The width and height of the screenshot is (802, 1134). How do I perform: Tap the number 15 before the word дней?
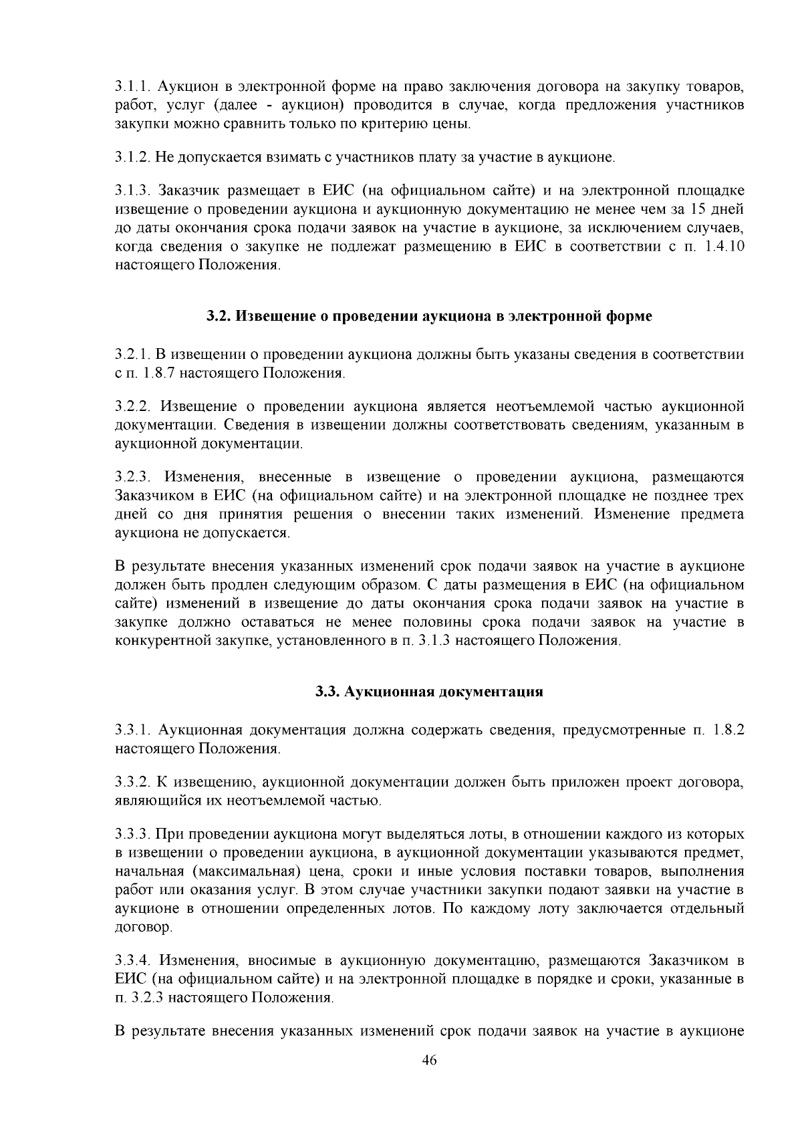(702, 210)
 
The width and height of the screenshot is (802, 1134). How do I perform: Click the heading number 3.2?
(218, 316)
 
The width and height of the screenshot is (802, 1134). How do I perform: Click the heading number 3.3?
(327, 692)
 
